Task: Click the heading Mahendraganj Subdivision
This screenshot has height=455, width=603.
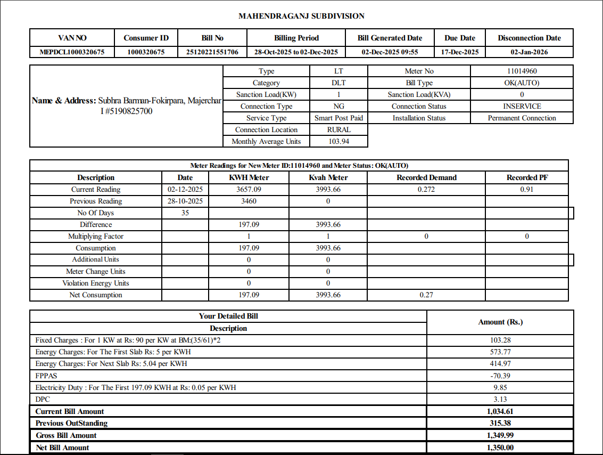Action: pos(301,16)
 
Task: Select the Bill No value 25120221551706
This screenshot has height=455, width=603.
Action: pos(212,52)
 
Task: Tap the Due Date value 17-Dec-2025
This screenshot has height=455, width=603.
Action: pos(460,52)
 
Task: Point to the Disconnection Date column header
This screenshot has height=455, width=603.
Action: pos(529,38)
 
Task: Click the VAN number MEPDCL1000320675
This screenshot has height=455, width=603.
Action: pos(72,52)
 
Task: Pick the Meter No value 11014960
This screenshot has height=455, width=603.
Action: pos(522,71)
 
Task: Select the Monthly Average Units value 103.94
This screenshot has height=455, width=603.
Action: pos(338,141)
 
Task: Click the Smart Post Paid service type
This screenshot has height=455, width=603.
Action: pos(338,118)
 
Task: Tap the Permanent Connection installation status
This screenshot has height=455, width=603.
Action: pos(522,118)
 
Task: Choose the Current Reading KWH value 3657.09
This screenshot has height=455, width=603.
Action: pos(249,189)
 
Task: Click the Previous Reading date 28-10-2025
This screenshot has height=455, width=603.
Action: pos(185,201)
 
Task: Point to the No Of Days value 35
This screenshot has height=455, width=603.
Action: pos(185,213)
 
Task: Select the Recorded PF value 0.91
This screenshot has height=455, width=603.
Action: pos(527,189)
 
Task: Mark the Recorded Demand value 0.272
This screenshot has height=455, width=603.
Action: pos(426,189)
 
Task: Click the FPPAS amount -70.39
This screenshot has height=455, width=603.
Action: pos(500,376)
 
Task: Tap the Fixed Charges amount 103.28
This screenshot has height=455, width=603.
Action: pos(500,340)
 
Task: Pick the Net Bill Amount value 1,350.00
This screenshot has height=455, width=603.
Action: pos(500,448)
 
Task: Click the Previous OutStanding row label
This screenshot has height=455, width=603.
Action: pos(71,423)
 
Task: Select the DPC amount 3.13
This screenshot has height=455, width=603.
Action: pos(500,399)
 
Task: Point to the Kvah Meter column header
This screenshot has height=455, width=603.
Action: pos(328,177)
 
